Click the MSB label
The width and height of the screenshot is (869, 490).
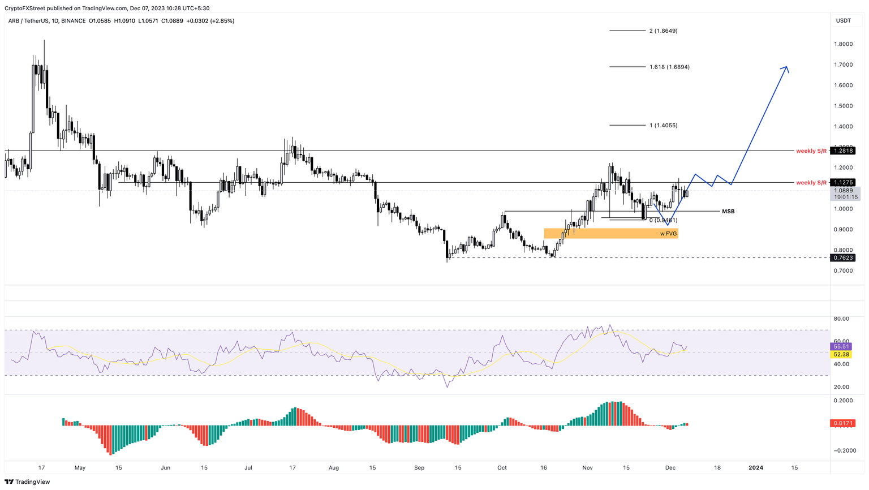click(728, 212)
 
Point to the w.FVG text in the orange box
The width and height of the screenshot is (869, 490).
click(668, 234)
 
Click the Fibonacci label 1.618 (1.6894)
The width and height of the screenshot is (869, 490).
click(669, 67)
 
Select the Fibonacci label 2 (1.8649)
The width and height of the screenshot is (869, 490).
click(663, 31)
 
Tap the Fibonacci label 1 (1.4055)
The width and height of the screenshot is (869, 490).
click(663, 126)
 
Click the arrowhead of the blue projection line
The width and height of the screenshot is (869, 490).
click(786, 68)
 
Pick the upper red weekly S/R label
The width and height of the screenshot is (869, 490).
click(811, 151)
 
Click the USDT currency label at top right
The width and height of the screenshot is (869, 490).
click(843, 21)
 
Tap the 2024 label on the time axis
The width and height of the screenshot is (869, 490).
click(756, 468)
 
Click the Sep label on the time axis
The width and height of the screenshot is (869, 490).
click(419, 468)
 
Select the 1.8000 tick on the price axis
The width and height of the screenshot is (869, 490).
click(843, 44)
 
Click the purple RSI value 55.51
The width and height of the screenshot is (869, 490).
click(841, 346)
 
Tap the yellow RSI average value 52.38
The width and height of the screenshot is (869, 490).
click(841, 355)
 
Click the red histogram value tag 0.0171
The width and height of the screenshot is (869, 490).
click(842, 423)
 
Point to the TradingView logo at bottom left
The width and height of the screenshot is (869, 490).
click(27, 482)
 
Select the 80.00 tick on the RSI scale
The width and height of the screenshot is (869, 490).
click(841, 319)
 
